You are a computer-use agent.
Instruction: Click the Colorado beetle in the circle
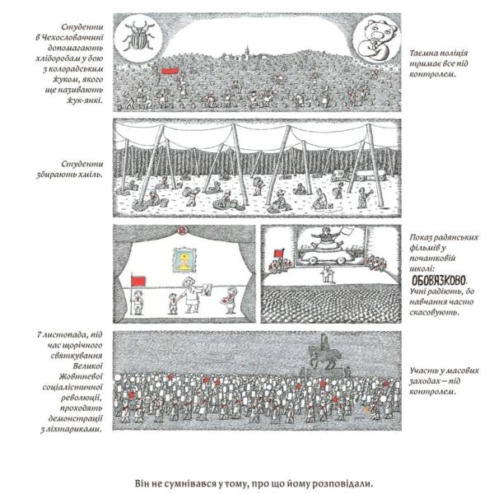138,36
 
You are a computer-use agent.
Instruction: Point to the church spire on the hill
247,50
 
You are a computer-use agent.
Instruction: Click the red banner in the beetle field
170,72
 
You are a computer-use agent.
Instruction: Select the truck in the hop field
358,175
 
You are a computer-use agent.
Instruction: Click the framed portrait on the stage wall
184,260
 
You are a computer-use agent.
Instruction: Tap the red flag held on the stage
138,281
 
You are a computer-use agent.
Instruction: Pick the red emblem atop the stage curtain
181,231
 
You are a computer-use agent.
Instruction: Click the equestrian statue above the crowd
325,353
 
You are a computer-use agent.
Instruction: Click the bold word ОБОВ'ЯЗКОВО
439,279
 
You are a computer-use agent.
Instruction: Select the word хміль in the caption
91,175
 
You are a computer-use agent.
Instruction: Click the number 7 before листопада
40,334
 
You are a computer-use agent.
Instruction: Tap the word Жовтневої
82,376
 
